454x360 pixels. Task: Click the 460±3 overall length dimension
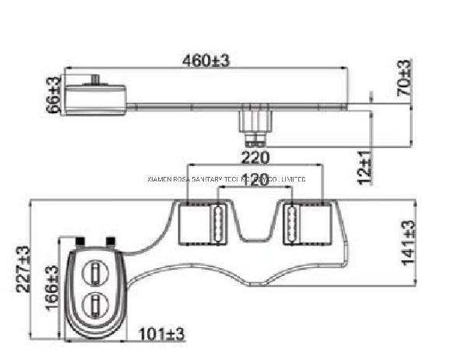pos(206,60)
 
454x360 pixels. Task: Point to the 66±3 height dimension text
pos(54,94)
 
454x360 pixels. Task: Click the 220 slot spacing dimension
pos(255,157)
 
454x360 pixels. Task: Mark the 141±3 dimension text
pos(408,242)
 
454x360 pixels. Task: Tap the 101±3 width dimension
pos(162,335)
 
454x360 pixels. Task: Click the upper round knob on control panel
pos(94,271)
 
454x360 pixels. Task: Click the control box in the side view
pos(96,97)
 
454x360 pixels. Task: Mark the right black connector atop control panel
pos(111,241)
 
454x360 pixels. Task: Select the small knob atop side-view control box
pos(96,79)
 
